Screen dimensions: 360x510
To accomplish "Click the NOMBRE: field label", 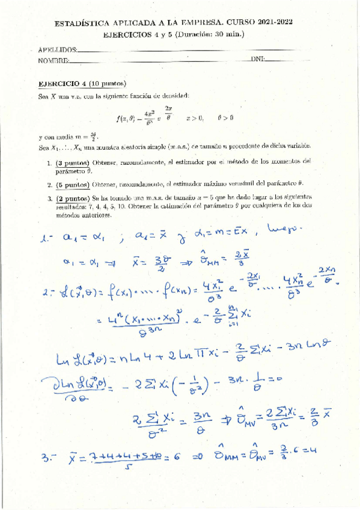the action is coord(53,60).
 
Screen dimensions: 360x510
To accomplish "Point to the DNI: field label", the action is coord(257,60).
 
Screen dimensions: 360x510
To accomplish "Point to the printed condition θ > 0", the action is coord(225,118).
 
